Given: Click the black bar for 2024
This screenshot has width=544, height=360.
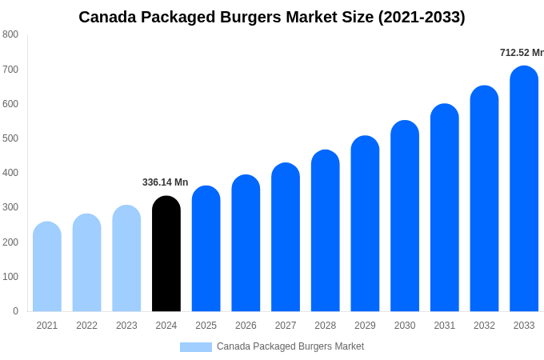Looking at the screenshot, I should [x=166, y=254].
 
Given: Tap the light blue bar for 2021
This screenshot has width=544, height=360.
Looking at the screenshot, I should [x=47, y=266].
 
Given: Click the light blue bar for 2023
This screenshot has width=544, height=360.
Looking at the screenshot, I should [x=126, y=258].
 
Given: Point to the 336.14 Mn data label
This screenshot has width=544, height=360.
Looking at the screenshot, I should [x=165, y=182].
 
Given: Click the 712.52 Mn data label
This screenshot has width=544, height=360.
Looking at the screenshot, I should [x=522, y=53].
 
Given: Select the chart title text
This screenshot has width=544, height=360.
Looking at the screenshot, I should [x=272, y=17].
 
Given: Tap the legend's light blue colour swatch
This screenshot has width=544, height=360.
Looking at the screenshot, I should [x=196, y=347].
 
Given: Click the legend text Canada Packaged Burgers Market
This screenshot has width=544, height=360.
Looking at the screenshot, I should [x=290, y=346].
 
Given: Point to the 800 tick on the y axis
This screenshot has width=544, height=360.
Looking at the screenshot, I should [x=10, y=34].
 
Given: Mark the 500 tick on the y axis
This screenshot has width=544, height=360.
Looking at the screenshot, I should [x=10, y=138].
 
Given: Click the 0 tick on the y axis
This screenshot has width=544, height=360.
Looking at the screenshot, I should [x=15, y=311].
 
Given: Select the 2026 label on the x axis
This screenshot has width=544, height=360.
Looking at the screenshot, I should [x=246, y=326].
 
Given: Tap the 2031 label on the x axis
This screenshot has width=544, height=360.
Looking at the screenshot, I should [x=445, y=326].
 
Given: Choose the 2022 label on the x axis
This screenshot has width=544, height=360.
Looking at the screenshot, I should [x=87, y=326].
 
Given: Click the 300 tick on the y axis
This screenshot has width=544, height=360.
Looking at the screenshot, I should [x=10, y=207].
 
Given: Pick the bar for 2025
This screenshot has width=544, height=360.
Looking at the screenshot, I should [x=206, y=249].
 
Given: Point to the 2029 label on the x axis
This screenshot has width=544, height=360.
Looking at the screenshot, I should [x=365, y=326].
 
